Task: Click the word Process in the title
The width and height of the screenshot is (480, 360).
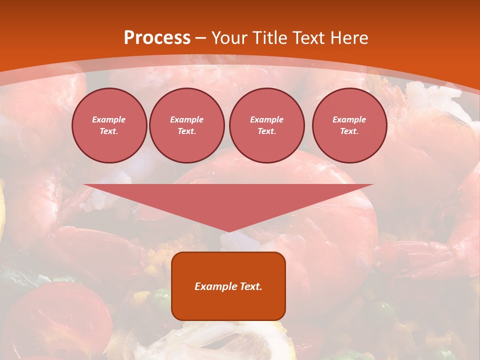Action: (x=157, y=38)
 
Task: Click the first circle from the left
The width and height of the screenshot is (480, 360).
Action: (x=109, y=125)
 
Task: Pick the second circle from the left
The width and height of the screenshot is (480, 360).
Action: (x=186, y=125)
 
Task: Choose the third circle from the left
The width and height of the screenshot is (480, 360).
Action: (x=266, y=125)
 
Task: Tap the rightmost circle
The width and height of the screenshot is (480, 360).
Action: (x=349, y=125)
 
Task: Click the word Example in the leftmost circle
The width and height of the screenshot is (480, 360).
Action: (x=109, y=120)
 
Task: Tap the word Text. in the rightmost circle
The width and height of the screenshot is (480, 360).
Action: (x=349, y=131)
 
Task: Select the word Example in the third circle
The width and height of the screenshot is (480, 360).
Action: (x=266, y=120)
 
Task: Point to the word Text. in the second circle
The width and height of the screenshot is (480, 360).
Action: (x=186, y=131)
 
